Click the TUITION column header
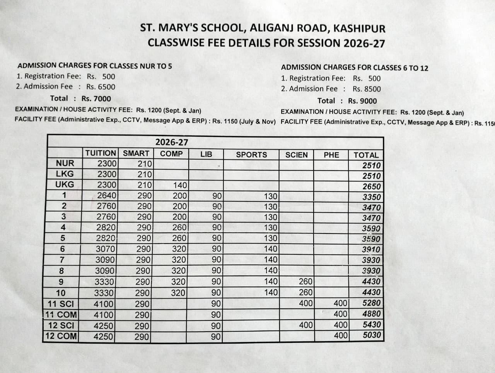click(x=101, y=153)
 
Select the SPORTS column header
click(x=251, y=155)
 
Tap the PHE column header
click(x=331, y=155)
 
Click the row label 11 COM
click(x=61, y=314)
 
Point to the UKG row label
click(x=65, y=184)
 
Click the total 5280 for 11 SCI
click(x=371, y=303)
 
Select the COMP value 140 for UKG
click(x=180, y=185)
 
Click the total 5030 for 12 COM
click(x=372, y=335)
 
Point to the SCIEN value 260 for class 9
click(x=306, y=282)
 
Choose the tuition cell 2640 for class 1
click(x=106, y=196)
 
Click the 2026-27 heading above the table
click(x=172, y=142)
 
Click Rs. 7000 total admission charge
click(x=96, y=99)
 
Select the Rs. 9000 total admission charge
click(x=362, y=101)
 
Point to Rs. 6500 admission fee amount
click(x=101, y=87)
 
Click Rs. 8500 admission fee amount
click(x=367, y=89)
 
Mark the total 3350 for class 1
click(x=371, y=197)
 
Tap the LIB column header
click(x=206, y=154)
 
